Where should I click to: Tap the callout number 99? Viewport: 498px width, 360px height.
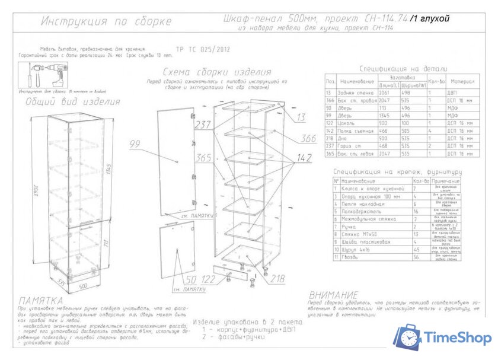(136, 143)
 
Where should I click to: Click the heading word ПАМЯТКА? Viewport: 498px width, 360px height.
(40, 301)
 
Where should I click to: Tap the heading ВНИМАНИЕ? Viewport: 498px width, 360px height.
(333, 295)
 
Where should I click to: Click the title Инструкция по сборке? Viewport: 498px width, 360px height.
(106, 22)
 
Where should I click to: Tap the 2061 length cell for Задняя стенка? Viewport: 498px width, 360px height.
(386, 93)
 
